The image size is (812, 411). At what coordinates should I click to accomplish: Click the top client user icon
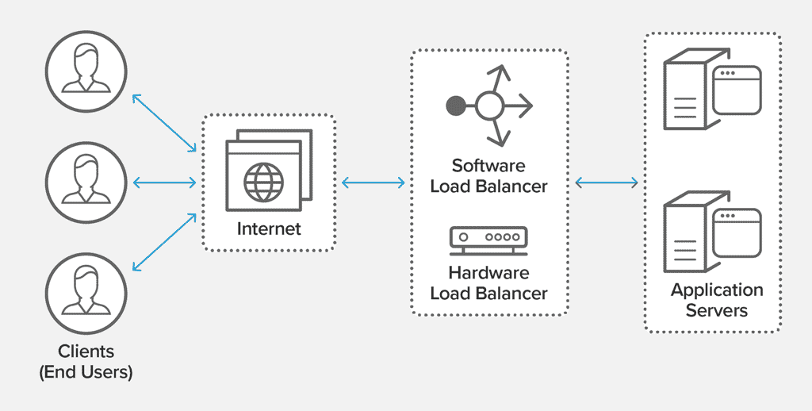pos(85,70)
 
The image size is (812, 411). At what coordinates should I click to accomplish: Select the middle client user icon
pos(85,182)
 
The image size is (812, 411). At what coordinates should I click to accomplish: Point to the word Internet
pos(269,229)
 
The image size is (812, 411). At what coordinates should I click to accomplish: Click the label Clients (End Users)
pos(86,361)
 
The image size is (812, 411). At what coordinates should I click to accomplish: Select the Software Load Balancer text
pos(488,176)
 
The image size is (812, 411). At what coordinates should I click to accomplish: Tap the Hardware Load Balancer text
pos(488,283)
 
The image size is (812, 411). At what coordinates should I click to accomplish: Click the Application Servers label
pos(717,300)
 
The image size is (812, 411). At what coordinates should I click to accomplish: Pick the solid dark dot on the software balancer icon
pos(455,104)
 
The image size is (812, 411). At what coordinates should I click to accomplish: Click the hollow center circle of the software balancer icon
pos(489,104)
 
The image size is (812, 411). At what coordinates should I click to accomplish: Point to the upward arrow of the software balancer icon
pos(499,78)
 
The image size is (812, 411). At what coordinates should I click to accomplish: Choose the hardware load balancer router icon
pos(488,240)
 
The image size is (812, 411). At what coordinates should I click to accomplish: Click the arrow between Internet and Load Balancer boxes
pos(373,183)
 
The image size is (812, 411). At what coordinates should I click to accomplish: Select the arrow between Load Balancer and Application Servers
pos(607,183)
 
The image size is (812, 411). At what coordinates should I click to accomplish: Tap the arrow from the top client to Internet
pos(164,122)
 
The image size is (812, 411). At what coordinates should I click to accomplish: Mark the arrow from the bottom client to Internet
pos(164,241)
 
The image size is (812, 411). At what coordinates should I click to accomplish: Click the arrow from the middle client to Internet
pos(164,183)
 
